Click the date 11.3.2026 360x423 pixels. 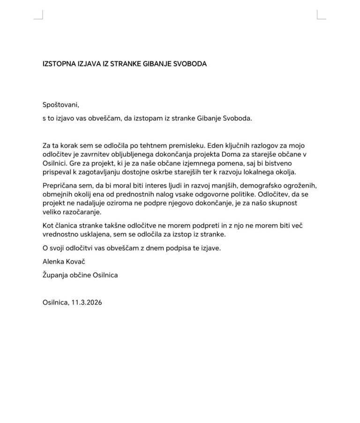(87, 302)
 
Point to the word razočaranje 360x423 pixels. (76, 212)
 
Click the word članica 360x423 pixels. (67, 226)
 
